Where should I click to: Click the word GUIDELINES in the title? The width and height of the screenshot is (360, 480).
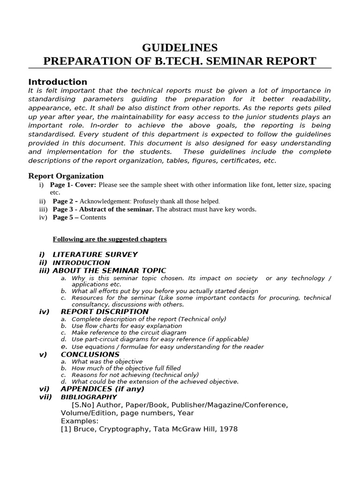click(180, 48)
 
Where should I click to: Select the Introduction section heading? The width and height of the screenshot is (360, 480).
click(58, 82)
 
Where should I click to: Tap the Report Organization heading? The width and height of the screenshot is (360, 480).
click(66, 176)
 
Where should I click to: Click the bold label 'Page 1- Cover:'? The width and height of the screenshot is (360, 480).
click(75, 185)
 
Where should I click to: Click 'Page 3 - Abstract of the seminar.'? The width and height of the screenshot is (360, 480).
click(103, 209)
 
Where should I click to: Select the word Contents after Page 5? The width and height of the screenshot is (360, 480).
click(93, 217)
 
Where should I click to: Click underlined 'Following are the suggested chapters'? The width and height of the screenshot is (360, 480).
click(110, 239)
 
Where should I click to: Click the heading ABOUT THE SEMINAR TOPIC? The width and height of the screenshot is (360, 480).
click(109, 270)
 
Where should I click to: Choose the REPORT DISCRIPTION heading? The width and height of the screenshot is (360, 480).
click(105, 312)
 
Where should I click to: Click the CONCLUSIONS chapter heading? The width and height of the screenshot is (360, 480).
click(90, 354)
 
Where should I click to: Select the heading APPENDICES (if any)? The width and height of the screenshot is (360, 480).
click(103, 389)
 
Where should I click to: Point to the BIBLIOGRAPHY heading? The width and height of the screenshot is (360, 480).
click(89, 397)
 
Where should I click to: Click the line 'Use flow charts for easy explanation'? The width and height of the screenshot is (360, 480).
click(127, 326)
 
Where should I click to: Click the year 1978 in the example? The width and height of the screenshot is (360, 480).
click(228, 429)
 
